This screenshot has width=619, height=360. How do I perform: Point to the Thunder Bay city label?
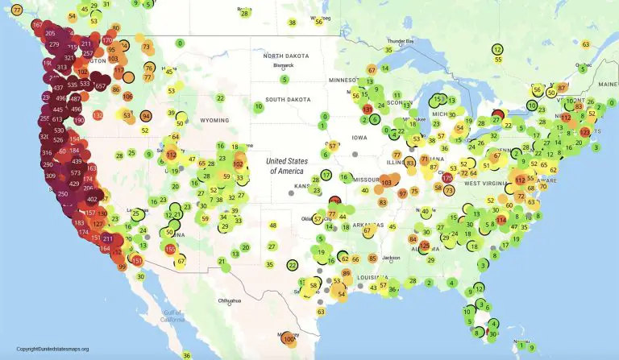[400, 40]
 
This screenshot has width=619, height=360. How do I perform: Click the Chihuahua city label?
[228, 300]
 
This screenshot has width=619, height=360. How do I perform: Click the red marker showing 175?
[448, 177]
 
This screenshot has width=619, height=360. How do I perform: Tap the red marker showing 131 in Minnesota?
[368, 109]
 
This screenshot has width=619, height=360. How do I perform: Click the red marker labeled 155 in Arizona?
[170, 250]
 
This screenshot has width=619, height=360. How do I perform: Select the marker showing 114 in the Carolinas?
[501, 219]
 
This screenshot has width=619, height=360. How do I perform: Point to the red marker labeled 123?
[585, 131]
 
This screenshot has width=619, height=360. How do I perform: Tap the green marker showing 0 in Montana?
[180, 43]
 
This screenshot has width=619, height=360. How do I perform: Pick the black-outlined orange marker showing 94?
[146, 116]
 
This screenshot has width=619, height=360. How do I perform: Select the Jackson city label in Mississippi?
[392, 258]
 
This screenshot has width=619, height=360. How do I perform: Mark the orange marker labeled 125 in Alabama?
[425, 245]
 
